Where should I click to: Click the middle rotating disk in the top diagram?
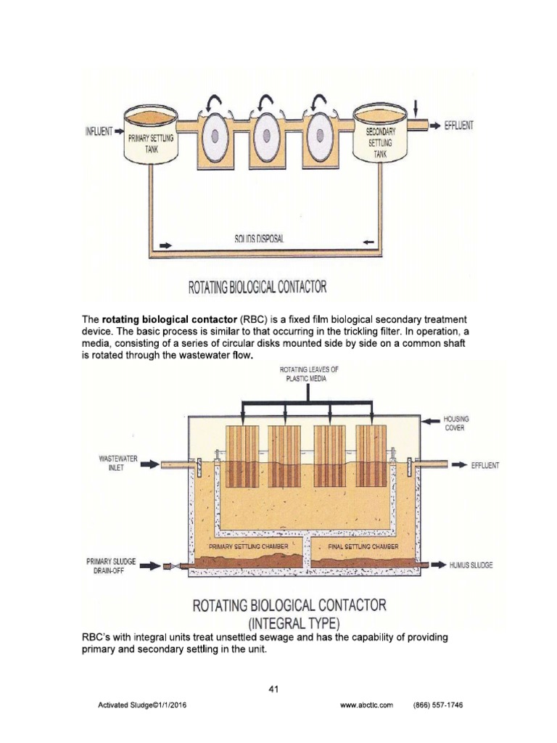click(265, 136)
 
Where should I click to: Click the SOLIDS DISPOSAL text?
click(263, 238)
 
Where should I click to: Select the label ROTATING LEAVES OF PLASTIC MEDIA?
click(309, 374)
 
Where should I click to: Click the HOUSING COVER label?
click(458, 423)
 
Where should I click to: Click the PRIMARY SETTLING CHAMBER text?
click(249, 546)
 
